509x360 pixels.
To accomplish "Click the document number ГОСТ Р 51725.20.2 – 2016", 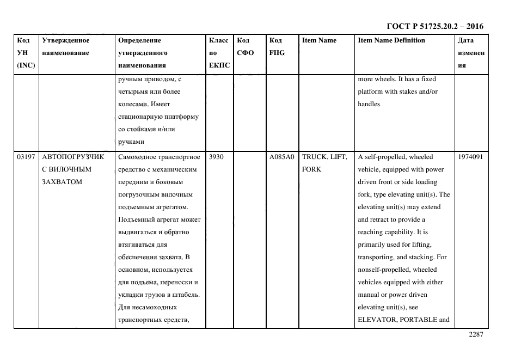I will (x=434, y=26).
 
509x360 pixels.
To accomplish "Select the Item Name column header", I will (x=319, y=40).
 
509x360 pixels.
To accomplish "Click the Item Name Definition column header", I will (x=391, y=40).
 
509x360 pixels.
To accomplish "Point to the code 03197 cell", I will (x=26, y=157).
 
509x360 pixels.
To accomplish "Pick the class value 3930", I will (x=216, y=157).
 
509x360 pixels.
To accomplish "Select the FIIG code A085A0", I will (x=281, y=157).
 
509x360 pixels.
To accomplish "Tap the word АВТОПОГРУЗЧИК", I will (x=72, y=157).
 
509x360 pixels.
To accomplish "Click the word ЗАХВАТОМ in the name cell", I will (x=62, y=182).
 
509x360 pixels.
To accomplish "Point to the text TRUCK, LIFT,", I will (x=324, y=157).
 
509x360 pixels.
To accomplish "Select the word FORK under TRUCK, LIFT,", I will (x=311, y=169).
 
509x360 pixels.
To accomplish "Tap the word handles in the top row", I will (x=369, y=104).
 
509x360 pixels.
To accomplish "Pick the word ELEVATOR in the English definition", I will (x=376, y=320).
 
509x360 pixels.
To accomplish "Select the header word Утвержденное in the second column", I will (x=65, y=40).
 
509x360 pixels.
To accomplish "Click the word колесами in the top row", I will (x=133, y=104).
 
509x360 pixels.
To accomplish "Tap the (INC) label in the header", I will (x=26, y=65).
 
